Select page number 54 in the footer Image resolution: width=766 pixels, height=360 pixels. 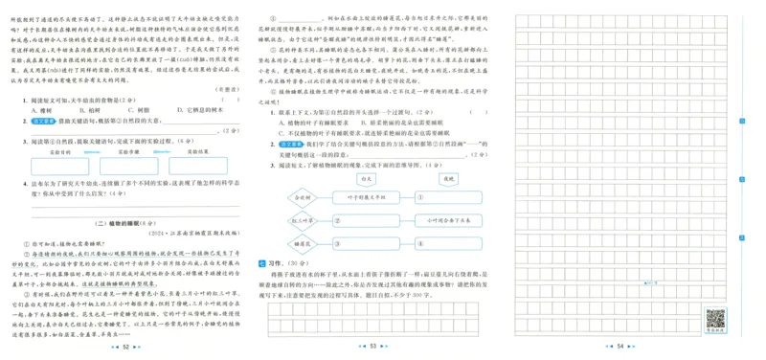[x=620, y=346]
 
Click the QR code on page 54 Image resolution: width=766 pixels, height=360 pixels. [x=714, y=317]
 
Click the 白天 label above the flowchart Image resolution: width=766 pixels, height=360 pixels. [x=366, y=177]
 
